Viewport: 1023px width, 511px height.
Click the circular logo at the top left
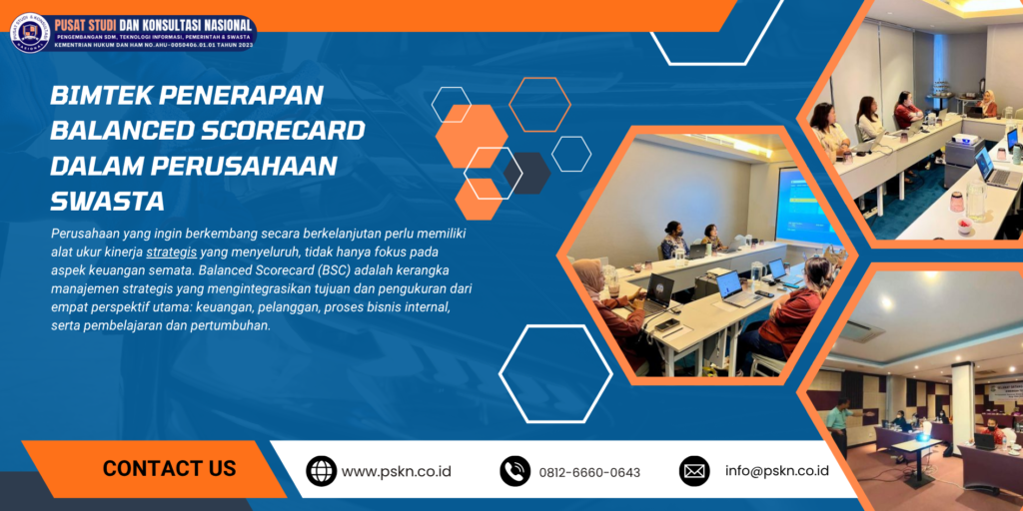point(29,32)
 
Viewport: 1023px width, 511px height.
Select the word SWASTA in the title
point(107,201)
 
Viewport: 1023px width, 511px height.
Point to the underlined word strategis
point(171,252)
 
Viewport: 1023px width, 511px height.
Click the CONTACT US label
point(169,468)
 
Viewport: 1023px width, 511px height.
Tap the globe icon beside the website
point(321,471)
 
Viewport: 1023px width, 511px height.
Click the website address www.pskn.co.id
point(397,471)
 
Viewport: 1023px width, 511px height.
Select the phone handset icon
point(514,471)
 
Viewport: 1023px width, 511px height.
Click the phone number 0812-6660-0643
point(589,472)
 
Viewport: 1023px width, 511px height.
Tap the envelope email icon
point(693,471)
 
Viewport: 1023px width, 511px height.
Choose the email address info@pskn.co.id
point(777,471)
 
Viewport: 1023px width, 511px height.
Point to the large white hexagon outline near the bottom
point(555,373)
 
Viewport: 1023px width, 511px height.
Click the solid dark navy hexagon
point(526,172)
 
